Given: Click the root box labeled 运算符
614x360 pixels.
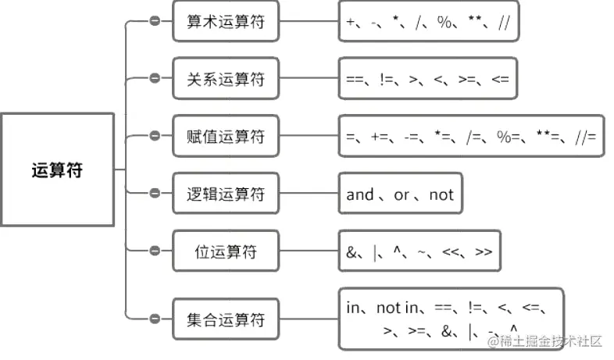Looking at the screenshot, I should (x=57, y=170).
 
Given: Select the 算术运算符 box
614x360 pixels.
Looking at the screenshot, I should (x=226, y=21).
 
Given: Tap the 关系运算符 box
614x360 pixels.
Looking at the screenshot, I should (x=226, y=79).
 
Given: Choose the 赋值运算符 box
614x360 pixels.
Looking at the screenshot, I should (x=226, y=137).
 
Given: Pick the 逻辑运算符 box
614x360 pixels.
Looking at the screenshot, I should (x=226, y=194).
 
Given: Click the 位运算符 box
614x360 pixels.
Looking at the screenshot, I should (x=226, y=251).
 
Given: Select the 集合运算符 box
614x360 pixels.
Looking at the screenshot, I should (x=226, y=319).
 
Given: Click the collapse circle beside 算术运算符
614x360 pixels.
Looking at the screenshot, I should (x=155, y=21).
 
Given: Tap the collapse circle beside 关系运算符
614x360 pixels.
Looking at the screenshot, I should (x=155, y=79).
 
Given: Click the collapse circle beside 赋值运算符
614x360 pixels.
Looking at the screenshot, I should (x=155, y=137).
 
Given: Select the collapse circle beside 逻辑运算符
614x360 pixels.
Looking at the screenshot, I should (x=155, y=194).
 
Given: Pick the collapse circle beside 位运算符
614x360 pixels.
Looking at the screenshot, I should (x=155, y=251).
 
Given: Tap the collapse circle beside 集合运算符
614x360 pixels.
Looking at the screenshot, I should (x=155, y=319).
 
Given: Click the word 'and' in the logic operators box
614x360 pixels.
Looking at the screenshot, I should (x=360, y=194).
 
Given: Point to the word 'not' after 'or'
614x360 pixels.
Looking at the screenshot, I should (x=441, y=194).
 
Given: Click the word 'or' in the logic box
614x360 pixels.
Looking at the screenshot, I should (x=402, y=194).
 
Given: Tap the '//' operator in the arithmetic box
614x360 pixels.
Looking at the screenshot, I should (x=503, y=23).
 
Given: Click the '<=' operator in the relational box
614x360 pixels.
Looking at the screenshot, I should (x=498, y=79).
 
